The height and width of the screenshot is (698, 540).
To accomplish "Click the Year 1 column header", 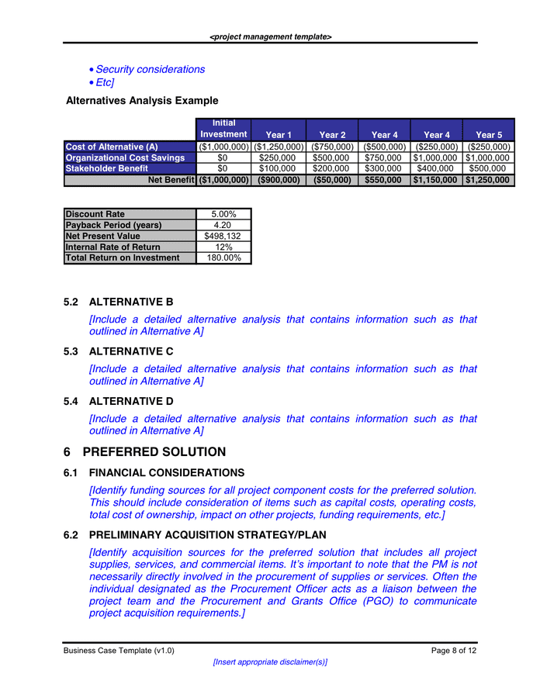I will click(279, 135).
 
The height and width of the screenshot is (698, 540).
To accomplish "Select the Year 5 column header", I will click(489, 135).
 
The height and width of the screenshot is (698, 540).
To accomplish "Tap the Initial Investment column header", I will click(223, 129).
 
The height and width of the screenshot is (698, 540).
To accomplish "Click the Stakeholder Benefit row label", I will click(107, 168).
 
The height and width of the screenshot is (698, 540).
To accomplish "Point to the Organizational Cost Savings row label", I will click(125, 157).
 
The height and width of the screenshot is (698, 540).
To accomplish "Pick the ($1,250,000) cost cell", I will click(279, 147).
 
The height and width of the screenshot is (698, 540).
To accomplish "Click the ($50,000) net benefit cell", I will click(331, 180).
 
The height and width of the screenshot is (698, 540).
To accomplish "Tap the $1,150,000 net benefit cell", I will click(435, 180).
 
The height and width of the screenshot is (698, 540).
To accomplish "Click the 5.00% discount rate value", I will click(223, 214).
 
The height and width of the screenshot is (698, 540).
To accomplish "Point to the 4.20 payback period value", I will click(223, 225).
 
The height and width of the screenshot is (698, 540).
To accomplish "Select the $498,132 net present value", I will click(223, 236).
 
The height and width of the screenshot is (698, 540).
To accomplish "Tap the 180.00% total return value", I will click(223, 257).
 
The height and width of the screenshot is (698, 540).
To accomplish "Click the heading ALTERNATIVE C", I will click(131, 351).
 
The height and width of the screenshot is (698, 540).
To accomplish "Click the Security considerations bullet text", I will click(151, 70).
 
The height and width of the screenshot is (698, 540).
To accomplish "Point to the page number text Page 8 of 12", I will click(454, 651).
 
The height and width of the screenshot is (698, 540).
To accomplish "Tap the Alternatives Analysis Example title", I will click(142, 101).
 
